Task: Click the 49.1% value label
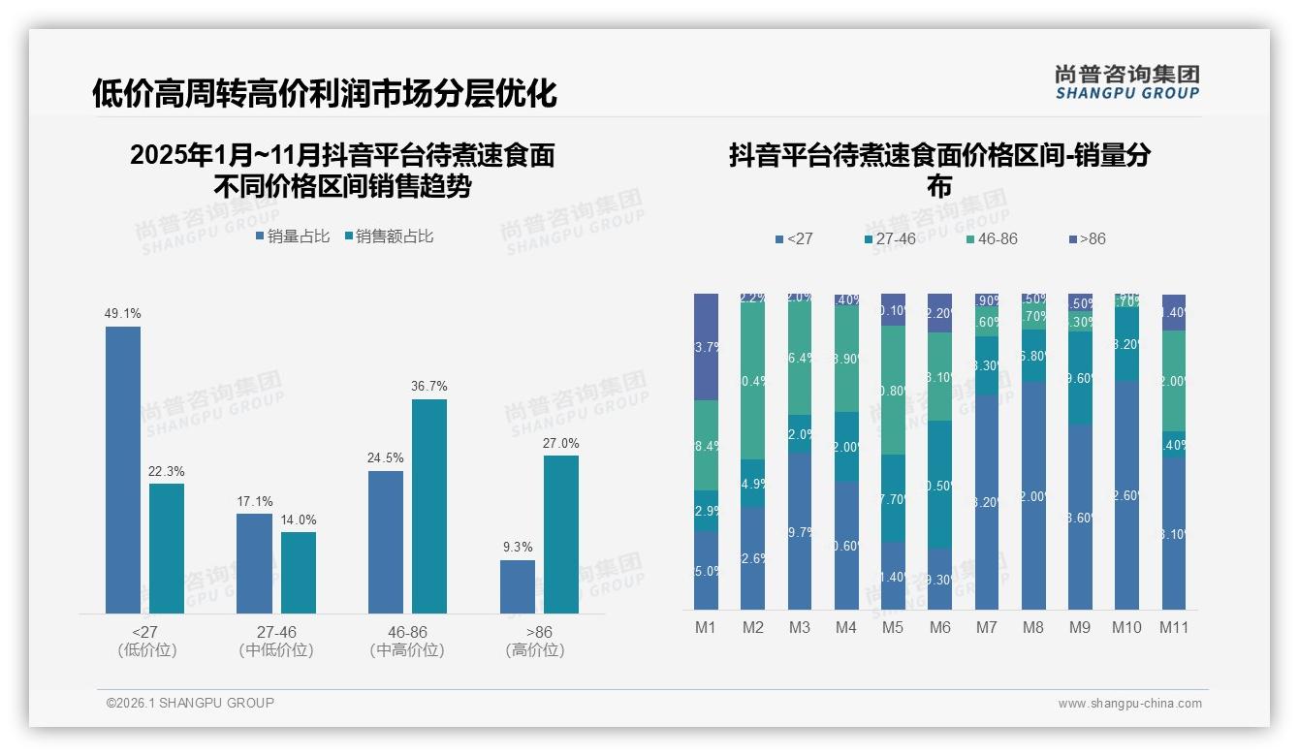[x=123, y=313]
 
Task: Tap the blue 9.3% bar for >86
[x=518, y=586]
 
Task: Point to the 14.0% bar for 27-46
[x=299, y=572]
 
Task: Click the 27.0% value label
[x=561, y=443]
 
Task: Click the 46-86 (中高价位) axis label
[x=407, y=641]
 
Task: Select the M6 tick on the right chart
[x=940, y=627]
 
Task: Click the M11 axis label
[x=1174, y=627]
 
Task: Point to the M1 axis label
[x=706, y=627]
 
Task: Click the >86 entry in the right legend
[x=1087, y=238]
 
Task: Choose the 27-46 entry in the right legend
[x=889, y=238]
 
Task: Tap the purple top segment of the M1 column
[x=707, y=346]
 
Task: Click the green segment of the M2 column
[x=753, y=381]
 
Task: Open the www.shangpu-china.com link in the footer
[x=1129, y=704]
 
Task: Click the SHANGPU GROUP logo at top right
[x=1127, y=82]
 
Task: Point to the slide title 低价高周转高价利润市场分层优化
[x=325, y=93]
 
